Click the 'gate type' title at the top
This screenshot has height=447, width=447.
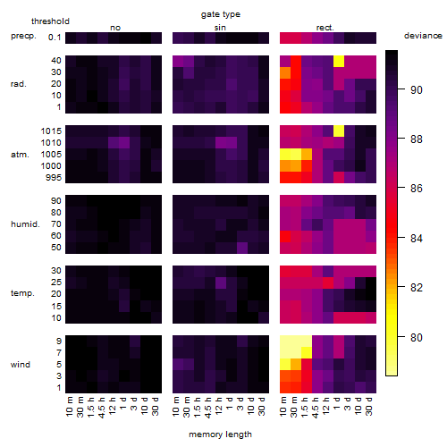coord(221,14)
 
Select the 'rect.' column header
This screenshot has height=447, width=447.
coord(325,28)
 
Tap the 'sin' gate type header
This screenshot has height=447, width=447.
coord(220,28)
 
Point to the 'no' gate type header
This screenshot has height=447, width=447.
coord(115,28)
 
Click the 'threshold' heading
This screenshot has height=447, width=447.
coord(50,21)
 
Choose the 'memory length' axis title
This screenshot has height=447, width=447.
coord(220,434)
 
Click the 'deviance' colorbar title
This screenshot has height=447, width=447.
coord(423,36)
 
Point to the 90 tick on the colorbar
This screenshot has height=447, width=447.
coord(417,89)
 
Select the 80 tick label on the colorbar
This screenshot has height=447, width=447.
coord(417,337)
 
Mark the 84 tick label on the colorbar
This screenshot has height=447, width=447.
coord(417,239)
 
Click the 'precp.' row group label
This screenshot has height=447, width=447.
coord(23,37)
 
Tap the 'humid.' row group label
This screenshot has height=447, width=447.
coord(25,224)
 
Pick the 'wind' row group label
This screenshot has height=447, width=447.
coord(21,365)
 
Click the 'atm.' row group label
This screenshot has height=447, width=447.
coord(20,155)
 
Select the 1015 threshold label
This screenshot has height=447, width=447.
coord(51,131)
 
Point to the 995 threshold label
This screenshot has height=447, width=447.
coord(54,178)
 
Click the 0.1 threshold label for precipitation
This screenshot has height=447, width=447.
coord(55,38)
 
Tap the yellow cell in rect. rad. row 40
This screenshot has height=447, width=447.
coord(339,62)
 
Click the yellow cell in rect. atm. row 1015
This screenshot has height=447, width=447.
coord(339,131)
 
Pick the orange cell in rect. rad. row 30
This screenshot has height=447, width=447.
coord(285,73)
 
